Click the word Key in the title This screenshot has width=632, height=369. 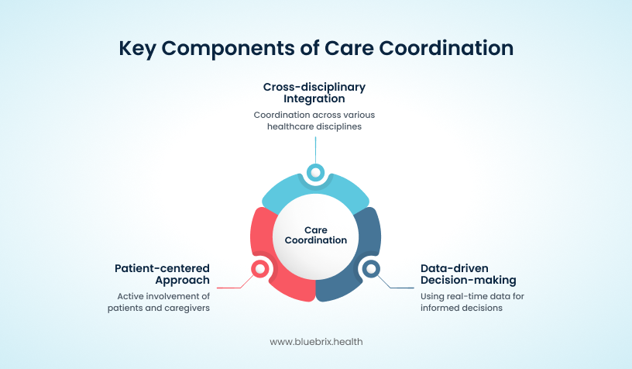pyautogui.click(x=136, y=49)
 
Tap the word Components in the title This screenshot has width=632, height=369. pyautogui.click(x=228, y=49)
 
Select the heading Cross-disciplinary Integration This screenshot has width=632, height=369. pyautogui.click(x=314, y=93)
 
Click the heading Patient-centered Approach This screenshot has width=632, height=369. pyautogui.click(x=162, y=274)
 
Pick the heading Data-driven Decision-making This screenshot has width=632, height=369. pyautogui.click(x=469, y=274)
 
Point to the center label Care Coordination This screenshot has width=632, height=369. pyautogui.click(x=315, y=235)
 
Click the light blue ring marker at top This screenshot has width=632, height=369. pyautogui.click(x=315, y=173)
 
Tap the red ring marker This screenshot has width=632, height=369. pyautogui.click(x=260, y=268)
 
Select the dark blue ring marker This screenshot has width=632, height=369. pyautogui.click(x=371, y=268)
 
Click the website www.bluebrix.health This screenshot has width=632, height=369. pyautogui.click(x=316, y=342)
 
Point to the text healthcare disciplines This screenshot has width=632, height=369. pyautogui.click(x=314, y=126)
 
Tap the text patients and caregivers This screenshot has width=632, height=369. pyautogui.click(x=159, y=308)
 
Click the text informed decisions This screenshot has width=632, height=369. pyautogui.click(x=462, y=308)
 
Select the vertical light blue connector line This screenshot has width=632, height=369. pyautogui.click(x=315, y=150)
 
